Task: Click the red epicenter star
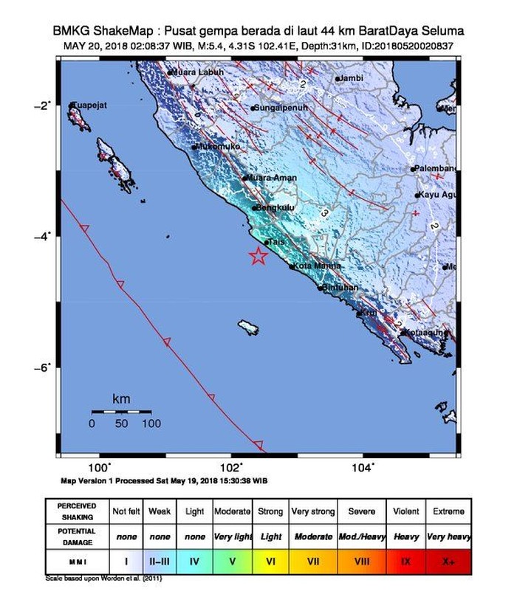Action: tap(258, 256)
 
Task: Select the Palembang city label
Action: tap(436, 168)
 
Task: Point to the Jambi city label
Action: tap(351, 77)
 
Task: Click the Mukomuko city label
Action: tap(219, 147)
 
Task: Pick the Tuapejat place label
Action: tap(91, 106)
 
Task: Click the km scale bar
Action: tap(121, 411)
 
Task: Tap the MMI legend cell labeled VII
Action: tap(313, 561)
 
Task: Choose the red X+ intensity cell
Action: tap(448, 561)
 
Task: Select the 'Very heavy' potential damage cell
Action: tap(448, 536)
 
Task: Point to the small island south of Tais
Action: tap(249, 325)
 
